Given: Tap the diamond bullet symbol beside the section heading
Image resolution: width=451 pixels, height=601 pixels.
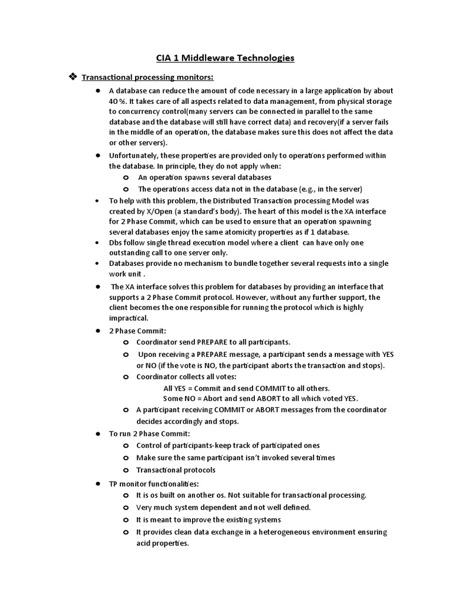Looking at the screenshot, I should (x=73, y=77).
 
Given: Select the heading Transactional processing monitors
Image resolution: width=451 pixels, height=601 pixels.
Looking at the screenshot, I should (x=147, y=77).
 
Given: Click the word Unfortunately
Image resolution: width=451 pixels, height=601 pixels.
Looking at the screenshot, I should (x=134, y=156).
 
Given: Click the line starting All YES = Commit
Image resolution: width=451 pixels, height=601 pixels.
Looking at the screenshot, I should (x=246, y=388).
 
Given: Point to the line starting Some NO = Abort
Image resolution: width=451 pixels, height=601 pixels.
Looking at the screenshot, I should (x=260, y=398).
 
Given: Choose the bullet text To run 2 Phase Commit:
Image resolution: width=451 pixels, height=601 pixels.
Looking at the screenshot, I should (x=149, y=434).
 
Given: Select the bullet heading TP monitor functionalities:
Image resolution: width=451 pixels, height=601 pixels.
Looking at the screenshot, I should (x=154, y=484).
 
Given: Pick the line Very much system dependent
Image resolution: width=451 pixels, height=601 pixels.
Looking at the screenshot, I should (x=223, y=508).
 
